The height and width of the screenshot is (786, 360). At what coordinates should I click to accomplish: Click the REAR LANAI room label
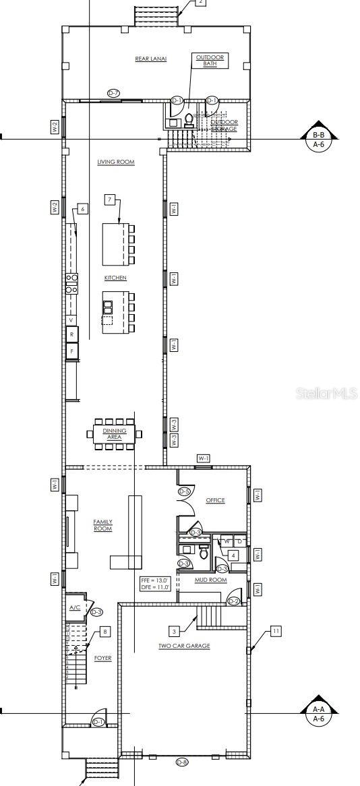point(150,59)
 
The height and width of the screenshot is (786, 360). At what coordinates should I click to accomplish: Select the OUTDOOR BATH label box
point(211,61)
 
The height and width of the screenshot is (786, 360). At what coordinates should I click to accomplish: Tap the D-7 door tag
point(114,92)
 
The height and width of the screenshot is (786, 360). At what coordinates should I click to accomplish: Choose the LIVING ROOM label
point(116,162)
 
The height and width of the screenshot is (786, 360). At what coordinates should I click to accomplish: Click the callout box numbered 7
point(110,199)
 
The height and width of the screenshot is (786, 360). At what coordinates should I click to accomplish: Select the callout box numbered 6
point(83,209)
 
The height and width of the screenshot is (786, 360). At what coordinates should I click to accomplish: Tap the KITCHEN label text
point(115,278)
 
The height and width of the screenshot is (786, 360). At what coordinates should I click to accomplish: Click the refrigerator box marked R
point(71,334)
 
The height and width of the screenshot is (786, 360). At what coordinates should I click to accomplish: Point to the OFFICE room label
point(215,500)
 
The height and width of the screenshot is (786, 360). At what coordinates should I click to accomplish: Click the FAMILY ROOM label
point(102,525)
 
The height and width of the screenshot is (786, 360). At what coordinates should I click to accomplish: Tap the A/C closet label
point(75,607)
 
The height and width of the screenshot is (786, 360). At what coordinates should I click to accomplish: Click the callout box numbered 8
point(104,632)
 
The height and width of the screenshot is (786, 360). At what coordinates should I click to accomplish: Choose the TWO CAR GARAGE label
point(184,646)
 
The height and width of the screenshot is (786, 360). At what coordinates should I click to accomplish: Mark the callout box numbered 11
point(275,631)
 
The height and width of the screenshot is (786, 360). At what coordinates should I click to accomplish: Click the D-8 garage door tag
point(182,762)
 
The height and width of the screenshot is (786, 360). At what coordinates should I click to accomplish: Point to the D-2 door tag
point(233,601)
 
